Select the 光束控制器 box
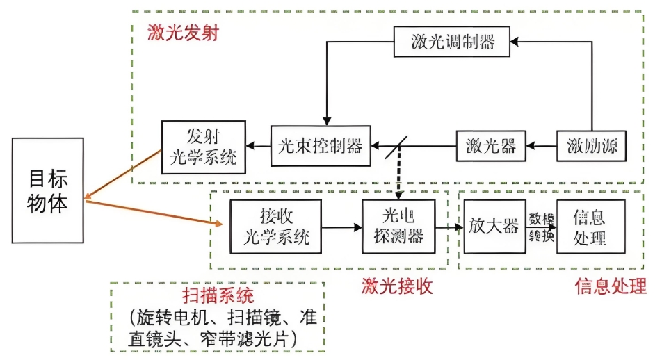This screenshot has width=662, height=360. (x=321, y=146)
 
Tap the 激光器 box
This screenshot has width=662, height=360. (x=491, y=146)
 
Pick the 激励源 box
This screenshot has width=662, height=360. (x=592, y=146)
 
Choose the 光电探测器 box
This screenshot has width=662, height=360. (x=398, y=227)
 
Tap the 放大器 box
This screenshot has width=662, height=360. (x=494, y=227)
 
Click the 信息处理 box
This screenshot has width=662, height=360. (x=590, y=227)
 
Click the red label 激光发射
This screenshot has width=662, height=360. (x=183, y=33)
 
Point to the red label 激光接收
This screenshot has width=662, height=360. (x=396, y=286)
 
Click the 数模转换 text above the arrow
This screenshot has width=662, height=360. (x=541, y=227)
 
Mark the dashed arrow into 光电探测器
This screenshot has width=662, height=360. (x=399, y=178)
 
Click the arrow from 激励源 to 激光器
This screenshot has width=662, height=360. (x=541, y=146)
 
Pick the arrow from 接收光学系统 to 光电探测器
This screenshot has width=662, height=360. (x=341, y=227)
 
